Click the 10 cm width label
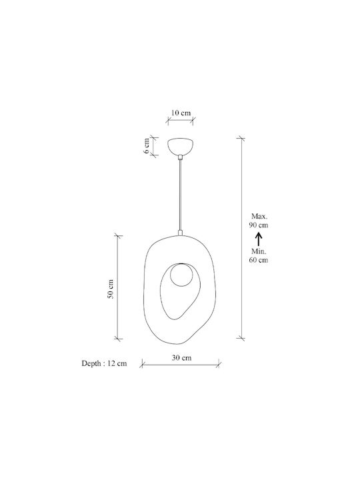click(x=181, y=113)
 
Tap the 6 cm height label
click(x=147, y=146)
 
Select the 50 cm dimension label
click(x=110, y=289)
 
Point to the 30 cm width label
click(x=181, y=357)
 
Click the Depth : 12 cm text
click(x=104, y=363)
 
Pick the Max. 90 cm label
click(x=259, y=221)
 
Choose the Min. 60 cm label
click(x=259, y=255)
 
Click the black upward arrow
click(x=259, y=239)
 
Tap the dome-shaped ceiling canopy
click(x=180, y=146)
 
